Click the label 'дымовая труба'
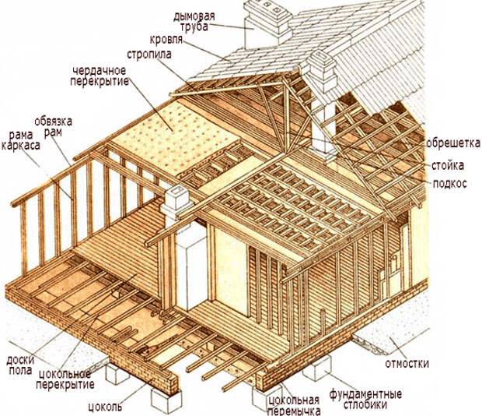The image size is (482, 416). click(x=194, y=22)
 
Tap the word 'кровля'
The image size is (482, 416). click(x=166, y=40)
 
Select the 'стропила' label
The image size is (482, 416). click(x=149, y=55)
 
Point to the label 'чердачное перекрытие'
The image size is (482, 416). click(x=100, y=76)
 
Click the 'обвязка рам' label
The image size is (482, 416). click(x=53, y=126)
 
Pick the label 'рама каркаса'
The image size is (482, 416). click(x=20, y=140)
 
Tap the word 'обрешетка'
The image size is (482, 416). click(x=452, y=143)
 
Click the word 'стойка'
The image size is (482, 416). click(x=448, y=166)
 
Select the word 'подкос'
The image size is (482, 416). click(x=449, y=184)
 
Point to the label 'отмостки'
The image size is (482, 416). click(x=407, y=364)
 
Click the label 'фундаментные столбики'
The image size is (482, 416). click(x=365, y=399)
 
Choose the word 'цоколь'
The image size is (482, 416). click(x=105, y=407)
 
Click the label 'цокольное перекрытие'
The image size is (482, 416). click(x=65, y=379)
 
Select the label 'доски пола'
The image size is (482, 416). click(x=20, y=365)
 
